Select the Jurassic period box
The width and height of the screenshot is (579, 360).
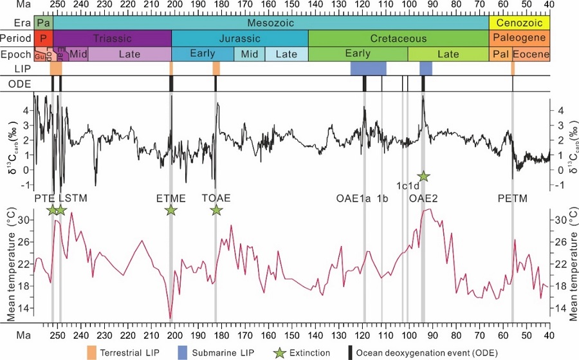tap(239, 39)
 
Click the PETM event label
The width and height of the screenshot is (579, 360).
tap(512, 198)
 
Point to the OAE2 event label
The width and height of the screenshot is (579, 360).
tap(423, 198)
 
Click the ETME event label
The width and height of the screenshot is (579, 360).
tap(170, 198)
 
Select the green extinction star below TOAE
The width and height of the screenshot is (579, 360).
tap(216, 210)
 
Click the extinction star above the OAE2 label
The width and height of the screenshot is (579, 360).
tap(423, 176)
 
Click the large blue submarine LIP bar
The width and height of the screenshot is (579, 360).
tap(368, 68)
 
